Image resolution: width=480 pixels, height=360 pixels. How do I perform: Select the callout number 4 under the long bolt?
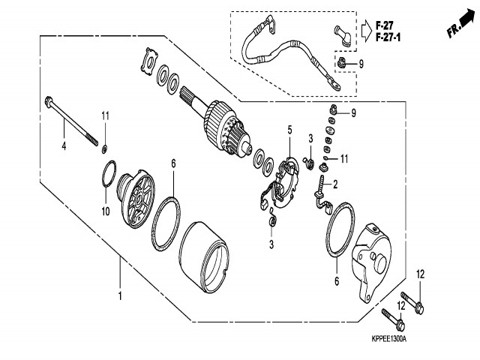[x=64, y=145]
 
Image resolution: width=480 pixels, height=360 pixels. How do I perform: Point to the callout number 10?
[x=106, y=211]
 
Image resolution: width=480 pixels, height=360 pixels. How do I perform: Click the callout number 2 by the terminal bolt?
[x=335, y=184]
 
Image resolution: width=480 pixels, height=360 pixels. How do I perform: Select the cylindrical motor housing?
[x=205, y=255]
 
